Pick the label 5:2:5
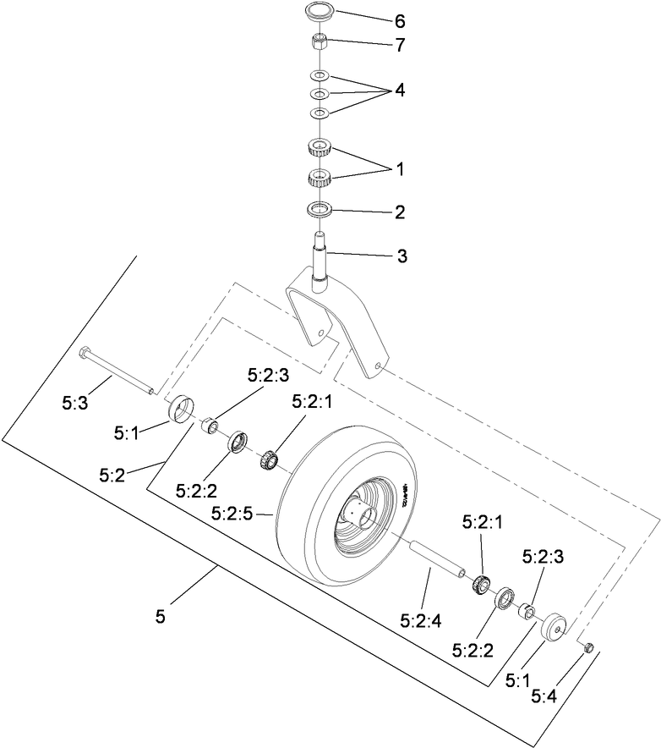(x=229, y=514)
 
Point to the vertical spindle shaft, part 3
(x=320, y=258)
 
